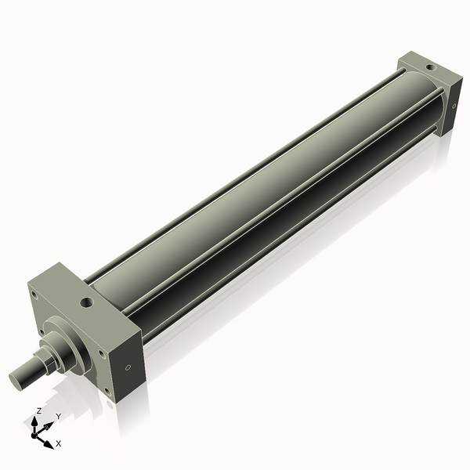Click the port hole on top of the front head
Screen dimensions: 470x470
pyautogui.click(x=85, y=300)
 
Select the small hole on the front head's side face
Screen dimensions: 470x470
pyautogui.click(x=128, y=369)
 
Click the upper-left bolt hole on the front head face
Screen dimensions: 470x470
pyautogui.click(x=34, y=295)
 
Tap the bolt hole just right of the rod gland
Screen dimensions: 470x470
pyautogui.click(x=102, y=353)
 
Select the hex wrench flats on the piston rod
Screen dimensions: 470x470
pyautogui.click(x=47, y=362)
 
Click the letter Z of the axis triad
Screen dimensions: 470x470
pyautogui.click(x=38, y=410)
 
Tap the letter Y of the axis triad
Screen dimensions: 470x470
pyautogui.click(x=58, y=416)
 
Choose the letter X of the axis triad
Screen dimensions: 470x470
pyautogui.click(x=59, y=443)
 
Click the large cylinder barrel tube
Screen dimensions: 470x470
pyautogui.click(x=258, y=188)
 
